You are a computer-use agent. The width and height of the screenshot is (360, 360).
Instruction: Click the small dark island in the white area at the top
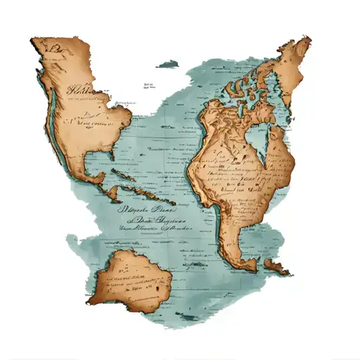(x=167, y=64)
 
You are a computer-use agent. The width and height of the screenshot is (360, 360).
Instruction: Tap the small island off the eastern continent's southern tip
(x=276, y=269)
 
